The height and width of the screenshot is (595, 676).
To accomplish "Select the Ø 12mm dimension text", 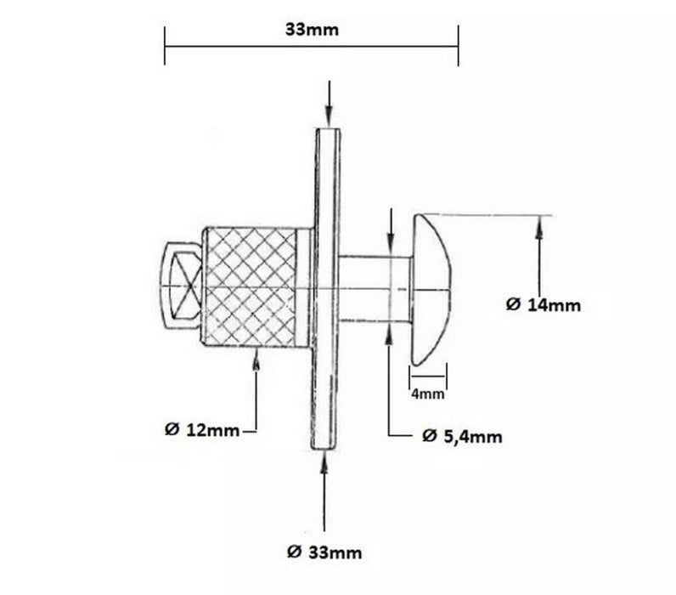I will (202, 430).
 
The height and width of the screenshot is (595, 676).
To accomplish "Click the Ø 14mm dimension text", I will (544, 305).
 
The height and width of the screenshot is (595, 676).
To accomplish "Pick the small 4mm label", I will (428, 394).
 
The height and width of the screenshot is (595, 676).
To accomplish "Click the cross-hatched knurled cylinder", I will (253, 288).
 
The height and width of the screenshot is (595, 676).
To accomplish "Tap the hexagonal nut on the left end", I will (181, 288).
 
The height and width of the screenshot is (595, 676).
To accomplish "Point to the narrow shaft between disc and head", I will (375, 288).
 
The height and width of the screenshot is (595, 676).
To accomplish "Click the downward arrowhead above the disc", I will (328, 121).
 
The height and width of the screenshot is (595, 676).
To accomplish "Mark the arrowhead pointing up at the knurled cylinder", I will (256, 360).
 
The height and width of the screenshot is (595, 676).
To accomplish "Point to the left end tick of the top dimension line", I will (165, 44).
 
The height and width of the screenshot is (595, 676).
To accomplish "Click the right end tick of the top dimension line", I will (459, 44).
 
